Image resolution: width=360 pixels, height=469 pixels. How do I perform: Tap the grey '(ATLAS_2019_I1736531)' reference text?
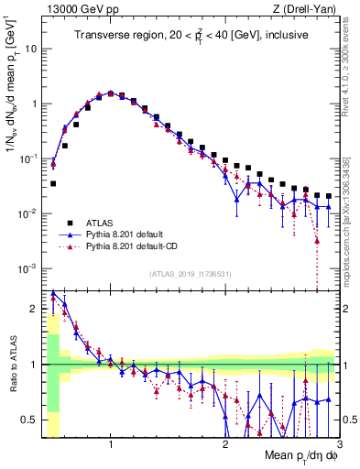(190, 275)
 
